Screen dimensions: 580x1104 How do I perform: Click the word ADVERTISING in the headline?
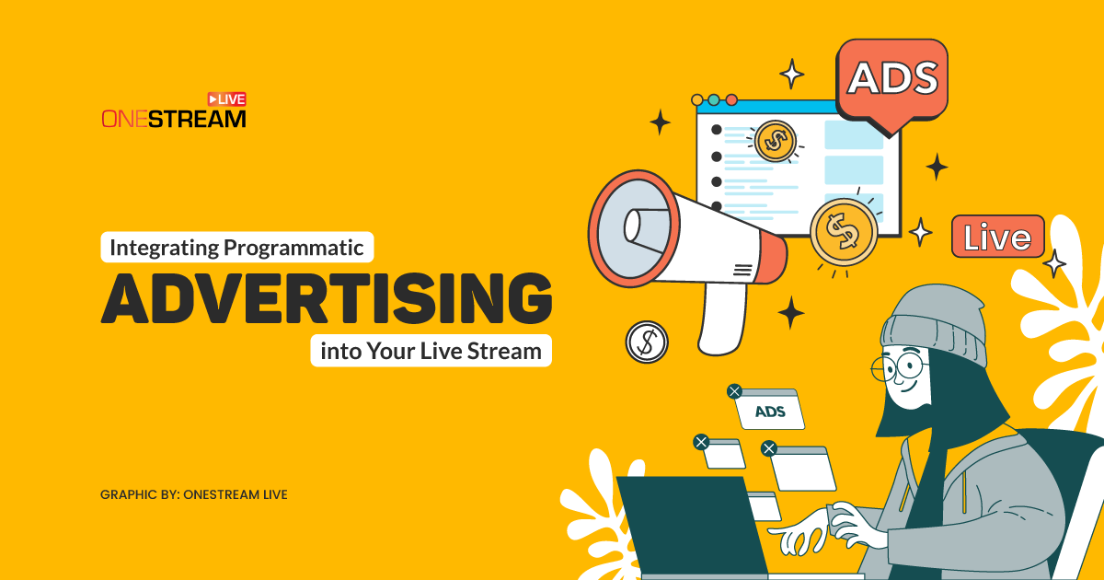327,298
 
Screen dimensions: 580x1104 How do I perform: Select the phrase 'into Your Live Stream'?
431,351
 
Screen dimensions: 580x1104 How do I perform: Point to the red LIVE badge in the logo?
226,99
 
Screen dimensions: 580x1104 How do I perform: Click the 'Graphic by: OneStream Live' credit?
194,494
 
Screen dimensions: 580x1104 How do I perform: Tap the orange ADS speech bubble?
891,80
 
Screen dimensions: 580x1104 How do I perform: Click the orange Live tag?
997,238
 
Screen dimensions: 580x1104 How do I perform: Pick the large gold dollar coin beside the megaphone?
841,231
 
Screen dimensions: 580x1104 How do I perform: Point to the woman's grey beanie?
929,321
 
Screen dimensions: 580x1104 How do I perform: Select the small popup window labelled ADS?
771,411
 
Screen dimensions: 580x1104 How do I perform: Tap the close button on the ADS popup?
734,391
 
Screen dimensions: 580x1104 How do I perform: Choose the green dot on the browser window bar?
715,99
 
